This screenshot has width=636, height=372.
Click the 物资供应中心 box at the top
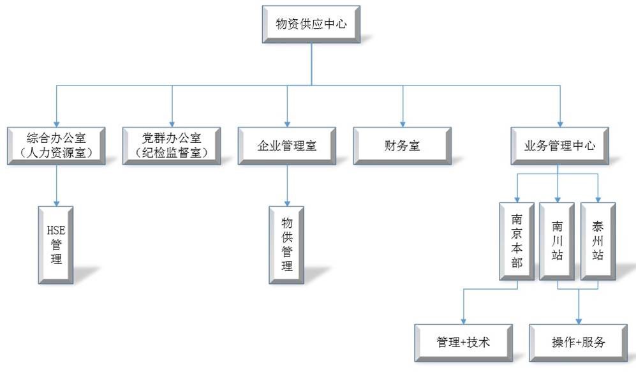(x=311, y=25)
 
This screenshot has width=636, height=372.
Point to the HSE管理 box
(x=56, y=244)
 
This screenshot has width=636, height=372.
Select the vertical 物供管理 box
(x=287, y=244)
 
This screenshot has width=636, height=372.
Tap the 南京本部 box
(x=517, y=241)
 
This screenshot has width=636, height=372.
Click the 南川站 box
(x=558, y=241)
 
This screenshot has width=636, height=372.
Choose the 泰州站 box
(x=598, y=241)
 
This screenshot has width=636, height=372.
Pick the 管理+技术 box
(x=463, y=343)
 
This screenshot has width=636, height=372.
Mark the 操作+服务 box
(x=579, y=343)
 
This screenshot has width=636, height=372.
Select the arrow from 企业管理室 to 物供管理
(x=287, y=185)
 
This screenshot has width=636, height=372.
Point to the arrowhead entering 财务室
(x=403, y=123)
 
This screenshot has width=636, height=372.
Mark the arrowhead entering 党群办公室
(x=172, y=123)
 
